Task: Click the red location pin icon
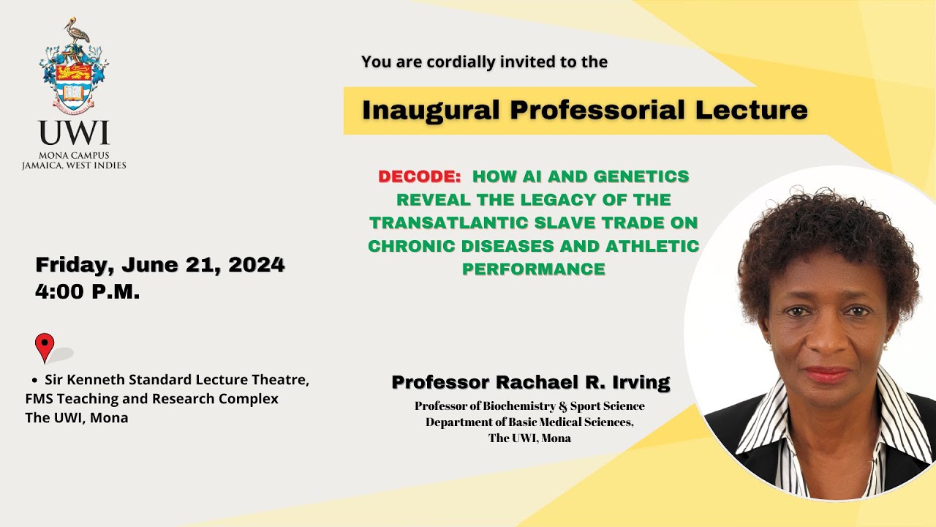pyautogui.click(x=45, y=346)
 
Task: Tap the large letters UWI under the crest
pyautogui.click(x=74, y=134)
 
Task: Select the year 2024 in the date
pyautogui.click(x=256, y=264)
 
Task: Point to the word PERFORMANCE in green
pyautogui.click(x=534, y=269)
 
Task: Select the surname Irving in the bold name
pyautogui.click(x=635, y=382)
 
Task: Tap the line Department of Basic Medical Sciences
pyautogui.click(x=529, y=422)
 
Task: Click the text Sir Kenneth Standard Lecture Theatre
pyautogui.click(x=177, y=380)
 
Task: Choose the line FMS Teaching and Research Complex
pyautogui.click(x=152, y=399)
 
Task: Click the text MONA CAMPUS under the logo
pyautogui.click(x=74, y=155)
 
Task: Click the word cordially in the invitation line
pyautogui.click(x=459, y=62)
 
